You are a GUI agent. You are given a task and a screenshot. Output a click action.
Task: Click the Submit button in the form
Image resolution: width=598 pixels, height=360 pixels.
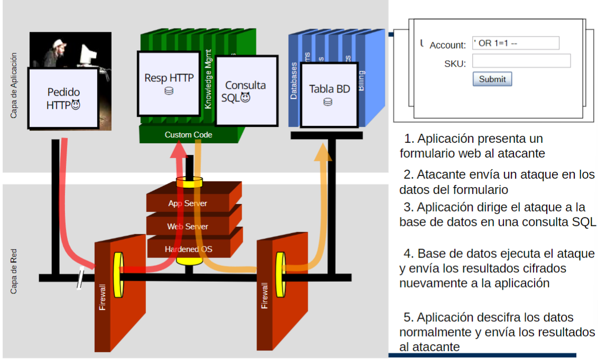tap(492, 79)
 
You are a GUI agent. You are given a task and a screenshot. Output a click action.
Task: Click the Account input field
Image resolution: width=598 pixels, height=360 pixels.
tap(516, 43)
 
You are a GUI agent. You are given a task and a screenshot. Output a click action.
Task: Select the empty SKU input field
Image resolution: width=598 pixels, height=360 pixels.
tap(521, 61)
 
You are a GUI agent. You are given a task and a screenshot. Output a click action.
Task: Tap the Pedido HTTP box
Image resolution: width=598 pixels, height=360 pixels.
tap(63, 98)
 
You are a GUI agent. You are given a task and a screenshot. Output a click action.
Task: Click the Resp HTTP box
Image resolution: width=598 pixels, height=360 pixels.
tap(169, 82)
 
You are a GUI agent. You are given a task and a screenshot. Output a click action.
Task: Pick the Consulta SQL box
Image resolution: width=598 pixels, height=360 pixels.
tap(246, 91)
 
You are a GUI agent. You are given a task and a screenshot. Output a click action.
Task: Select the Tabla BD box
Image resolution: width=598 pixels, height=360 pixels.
tap(329, 94)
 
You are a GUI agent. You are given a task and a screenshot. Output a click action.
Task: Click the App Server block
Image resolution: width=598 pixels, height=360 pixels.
tap(188, 203)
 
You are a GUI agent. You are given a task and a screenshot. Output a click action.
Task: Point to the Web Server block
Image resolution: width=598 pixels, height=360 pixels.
tap(188, 226)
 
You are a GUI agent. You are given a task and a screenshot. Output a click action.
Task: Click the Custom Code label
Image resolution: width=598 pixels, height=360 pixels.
tap(188, 135)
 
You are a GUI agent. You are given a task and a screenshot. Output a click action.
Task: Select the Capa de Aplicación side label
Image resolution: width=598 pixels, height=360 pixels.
tap(14, 85)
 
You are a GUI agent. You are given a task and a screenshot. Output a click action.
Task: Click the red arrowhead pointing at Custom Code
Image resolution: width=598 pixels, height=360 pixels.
tap(180, 150)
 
